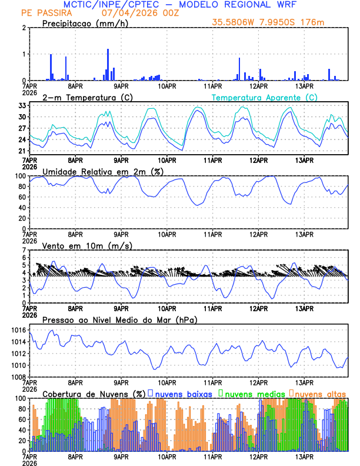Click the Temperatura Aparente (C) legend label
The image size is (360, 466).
click(x=265, y=97)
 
